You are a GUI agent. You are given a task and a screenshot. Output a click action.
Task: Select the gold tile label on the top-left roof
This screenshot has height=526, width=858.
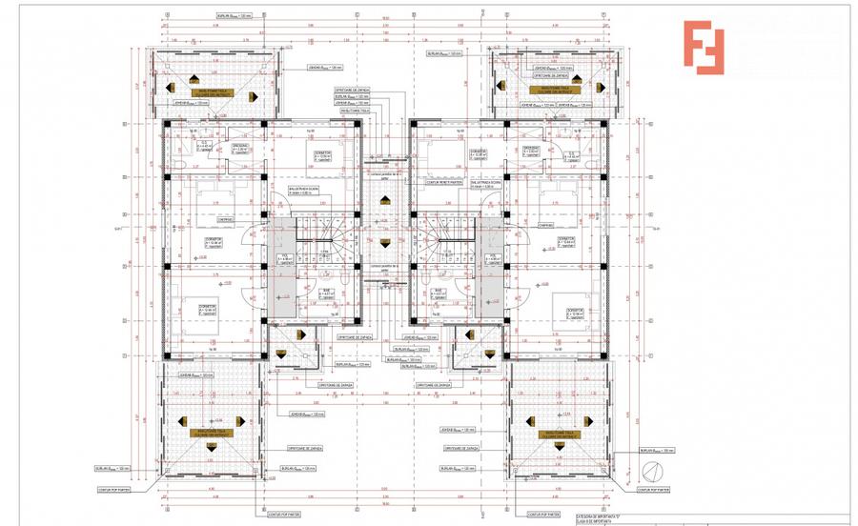215,92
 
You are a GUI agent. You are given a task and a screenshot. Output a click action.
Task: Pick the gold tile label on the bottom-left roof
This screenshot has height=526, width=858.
214,434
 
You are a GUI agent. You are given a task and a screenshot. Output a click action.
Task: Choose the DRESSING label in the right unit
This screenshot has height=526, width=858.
530,150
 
